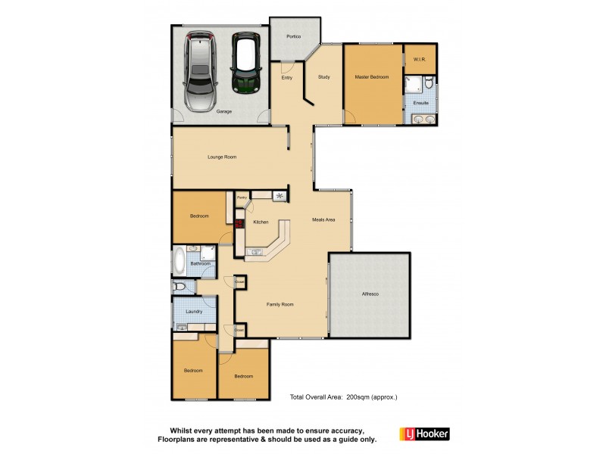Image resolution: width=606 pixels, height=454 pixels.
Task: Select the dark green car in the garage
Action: pos(245,63)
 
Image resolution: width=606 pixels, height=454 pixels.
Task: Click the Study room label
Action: pos(323,77)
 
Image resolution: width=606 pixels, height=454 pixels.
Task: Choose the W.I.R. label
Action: pos(420,58)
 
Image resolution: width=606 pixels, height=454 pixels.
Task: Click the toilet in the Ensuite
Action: pos(428,82)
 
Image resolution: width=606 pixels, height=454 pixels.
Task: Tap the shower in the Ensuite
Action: pos(414,83)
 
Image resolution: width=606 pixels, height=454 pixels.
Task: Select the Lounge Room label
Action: pos(223,157)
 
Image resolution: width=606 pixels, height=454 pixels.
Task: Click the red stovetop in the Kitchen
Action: pos(239,224)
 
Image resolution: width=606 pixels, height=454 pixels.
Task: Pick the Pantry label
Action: pos(242,197)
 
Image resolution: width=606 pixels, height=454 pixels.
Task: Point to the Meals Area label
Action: pos(323,220)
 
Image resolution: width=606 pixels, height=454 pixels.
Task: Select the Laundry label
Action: pos(194,311)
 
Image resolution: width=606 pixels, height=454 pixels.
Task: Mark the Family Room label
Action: pos(280,304)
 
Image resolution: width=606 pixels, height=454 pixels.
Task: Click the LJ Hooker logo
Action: pos(424,434)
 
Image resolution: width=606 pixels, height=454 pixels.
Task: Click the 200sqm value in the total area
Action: pos(359,396)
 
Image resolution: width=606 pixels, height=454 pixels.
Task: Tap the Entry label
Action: pos(287,77)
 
